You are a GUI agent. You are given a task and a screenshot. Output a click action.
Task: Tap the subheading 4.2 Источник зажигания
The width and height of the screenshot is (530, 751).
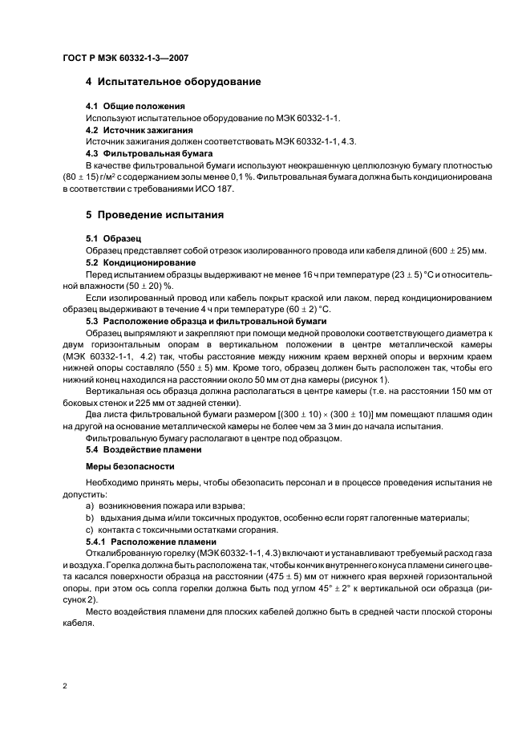[x=139, y=129]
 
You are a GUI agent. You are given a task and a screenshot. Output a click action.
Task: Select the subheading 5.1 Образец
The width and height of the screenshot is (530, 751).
[x=113, y=239]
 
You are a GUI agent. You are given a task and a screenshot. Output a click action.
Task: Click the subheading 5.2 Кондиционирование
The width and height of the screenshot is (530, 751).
[x=140, y=262]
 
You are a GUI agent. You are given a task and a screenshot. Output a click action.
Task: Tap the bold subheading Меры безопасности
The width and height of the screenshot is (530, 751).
[x=125, y=466]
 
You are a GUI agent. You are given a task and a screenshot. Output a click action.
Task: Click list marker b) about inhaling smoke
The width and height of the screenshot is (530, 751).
[x=89, y=518]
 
